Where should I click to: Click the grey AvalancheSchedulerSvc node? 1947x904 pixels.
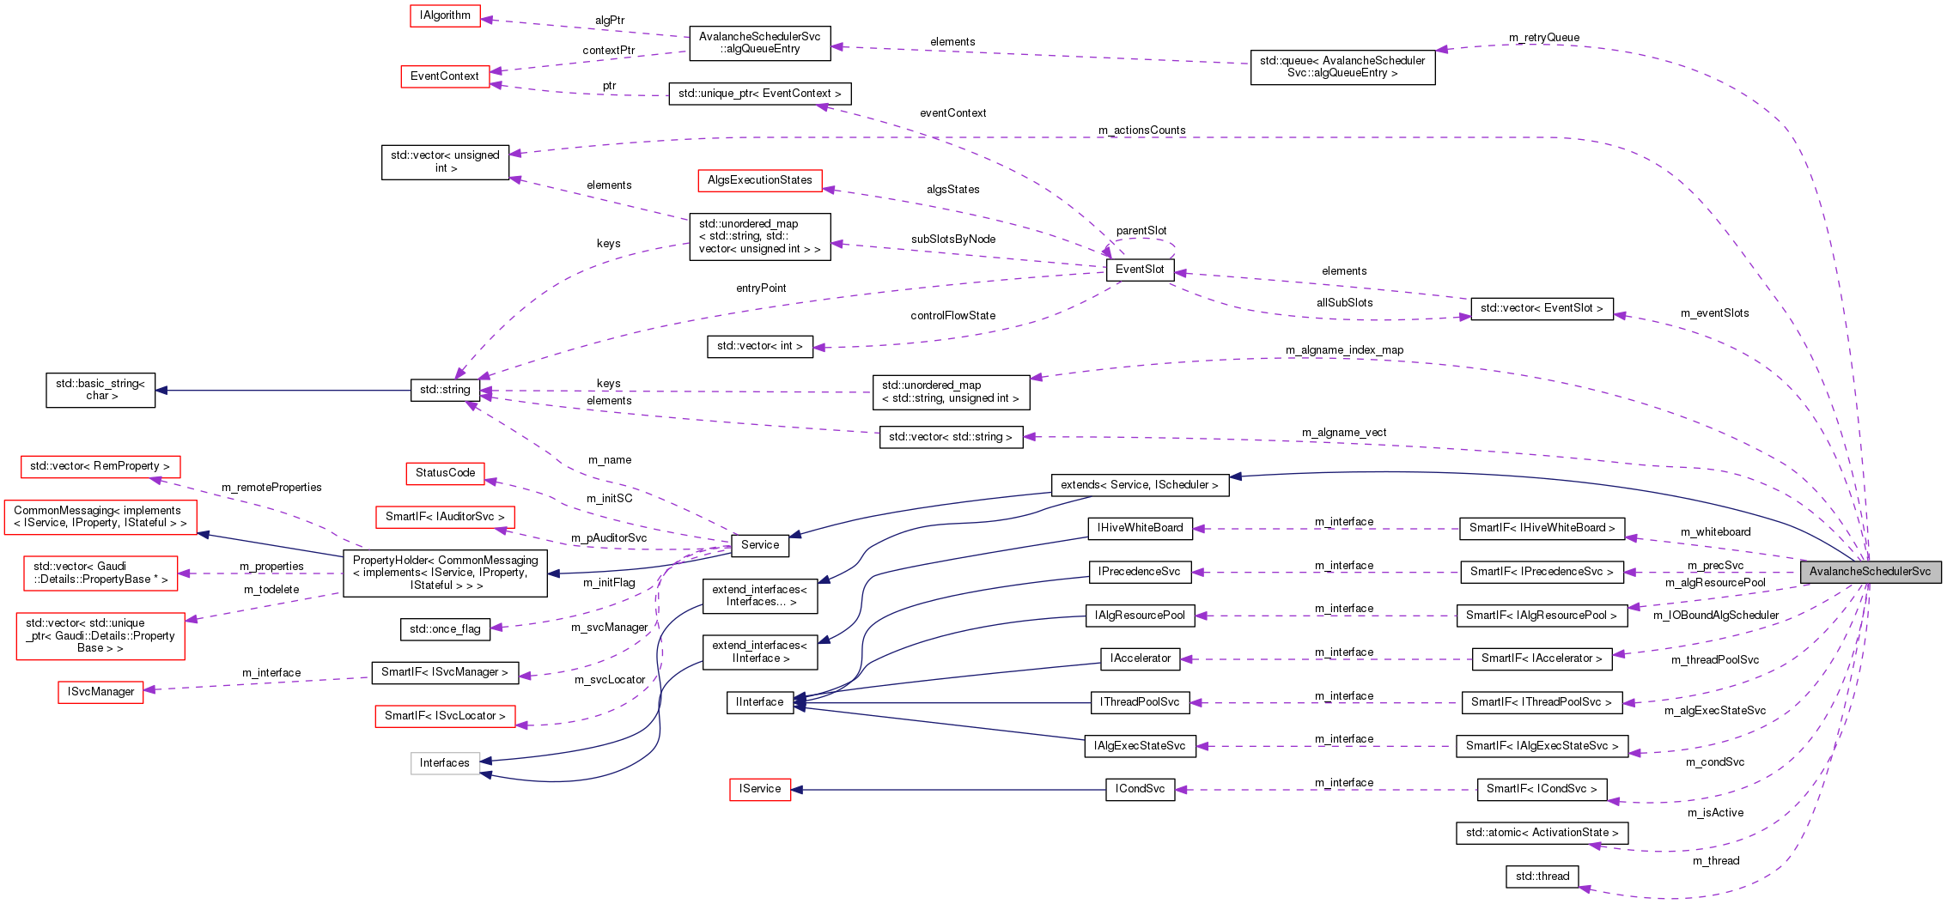coord(1870,572)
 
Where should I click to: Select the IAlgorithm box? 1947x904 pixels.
coord(445,15)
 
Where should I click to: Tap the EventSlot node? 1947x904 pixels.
coord(1140,270)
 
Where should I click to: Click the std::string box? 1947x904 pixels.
coord(445,390)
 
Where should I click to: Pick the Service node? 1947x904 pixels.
coord(760,545)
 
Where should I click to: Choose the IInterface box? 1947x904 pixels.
coord(759,702)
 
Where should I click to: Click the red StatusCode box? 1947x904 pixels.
coord(445,473)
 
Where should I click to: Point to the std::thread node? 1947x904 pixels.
coord(1542,877)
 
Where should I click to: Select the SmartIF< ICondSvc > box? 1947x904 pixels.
coord(1542,789)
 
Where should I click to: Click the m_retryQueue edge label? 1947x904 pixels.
coord(1543,38)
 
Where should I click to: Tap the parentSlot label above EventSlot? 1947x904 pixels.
coord(1141,231)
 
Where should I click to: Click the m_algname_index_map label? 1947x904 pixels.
coord(1344,350)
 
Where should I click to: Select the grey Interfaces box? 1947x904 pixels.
coord(445,763)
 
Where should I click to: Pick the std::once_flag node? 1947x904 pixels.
coord(445,629)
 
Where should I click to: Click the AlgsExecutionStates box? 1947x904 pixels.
coord(759,180)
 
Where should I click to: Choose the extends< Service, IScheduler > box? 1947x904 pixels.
coord(1139,485)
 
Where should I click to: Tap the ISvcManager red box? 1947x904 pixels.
coord(100,692)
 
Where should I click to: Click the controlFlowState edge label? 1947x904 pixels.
coord(952,316)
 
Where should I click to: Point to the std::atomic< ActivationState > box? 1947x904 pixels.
coord(1542,833)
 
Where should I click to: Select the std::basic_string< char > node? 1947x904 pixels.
coord(100,390)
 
